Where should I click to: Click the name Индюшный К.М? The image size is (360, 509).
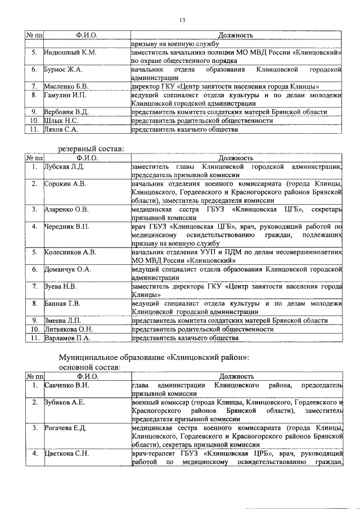(70, 52)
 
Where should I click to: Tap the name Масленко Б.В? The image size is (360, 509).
(67, 87)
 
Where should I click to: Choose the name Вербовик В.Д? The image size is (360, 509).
(66, 112)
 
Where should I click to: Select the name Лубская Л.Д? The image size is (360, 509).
(64, 167)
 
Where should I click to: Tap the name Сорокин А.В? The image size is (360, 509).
(65, 184)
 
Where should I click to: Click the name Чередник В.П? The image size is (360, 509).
(66, 227)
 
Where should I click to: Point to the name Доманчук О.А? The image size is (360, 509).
(67, 269)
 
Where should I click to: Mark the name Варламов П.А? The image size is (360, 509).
(67, 338)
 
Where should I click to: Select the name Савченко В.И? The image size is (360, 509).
(66, 385)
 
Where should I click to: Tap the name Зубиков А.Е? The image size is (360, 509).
(65, 402)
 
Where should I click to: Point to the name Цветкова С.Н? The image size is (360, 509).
(66, 453)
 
